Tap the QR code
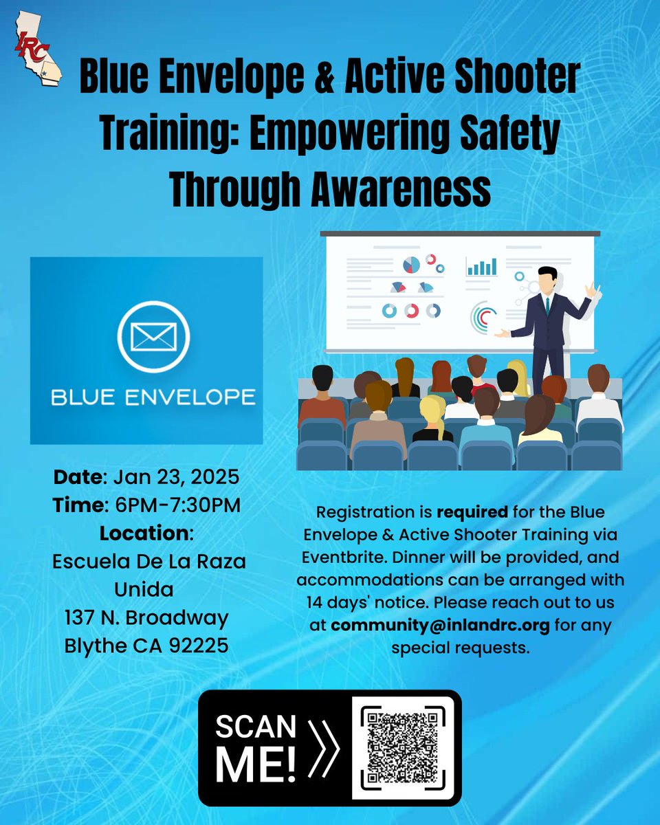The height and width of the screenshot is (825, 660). click(x=403, y=747)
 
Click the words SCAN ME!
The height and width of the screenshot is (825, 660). click(x=256, y=748)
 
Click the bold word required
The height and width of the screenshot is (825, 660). click(x=467, y=511)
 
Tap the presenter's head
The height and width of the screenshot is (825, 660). click(x=548, y=278)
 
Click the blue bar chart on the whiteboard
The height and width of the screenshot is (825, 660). click(x=481, y=266)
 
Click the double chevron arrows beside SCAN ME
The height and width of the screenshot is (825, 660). click(x=322, y=747)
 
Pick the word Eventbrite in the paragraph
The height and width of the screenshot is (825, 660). click(x=337, y=555)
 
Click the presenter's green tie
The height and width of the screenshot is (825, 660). click(x=547, y=306)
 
